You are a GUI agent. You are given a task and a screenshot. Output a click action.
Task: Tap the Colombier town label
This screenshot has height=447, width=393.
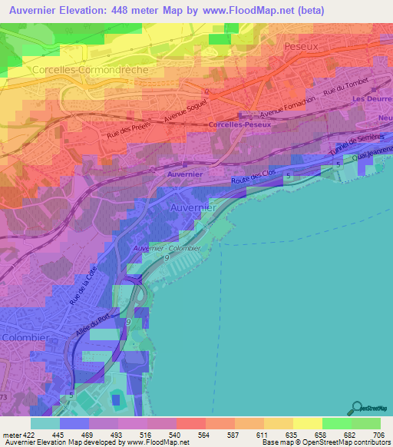point(25,337)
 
